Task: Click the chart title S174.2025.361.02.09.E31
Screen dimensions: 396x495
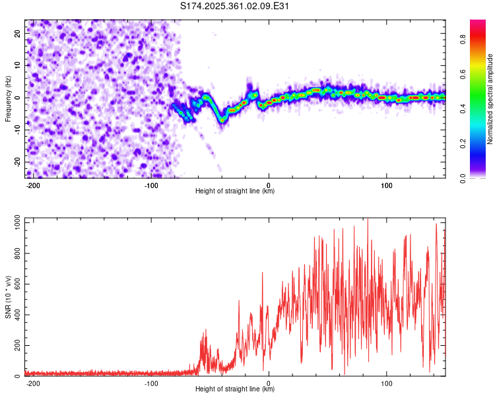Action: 235,6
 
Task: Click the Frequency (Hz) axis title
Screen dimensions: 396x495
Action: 8,99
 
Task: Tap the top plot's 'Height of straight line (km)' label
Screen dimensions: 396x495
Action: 235,191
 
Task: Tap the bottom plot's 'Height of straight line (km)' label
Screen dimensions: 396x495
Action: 235,389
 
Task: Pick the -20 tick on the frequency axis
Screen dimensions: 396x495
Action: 17,162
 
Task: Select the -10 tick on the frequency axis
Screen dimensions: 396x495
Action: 17,130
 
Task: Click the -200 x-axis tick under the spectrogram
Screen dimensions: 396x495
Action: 33,185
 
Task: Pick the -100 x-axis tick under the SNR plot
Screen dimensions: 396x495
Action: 150,383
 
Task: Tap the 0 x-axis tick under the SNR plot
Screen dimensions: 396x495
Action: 269,383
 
